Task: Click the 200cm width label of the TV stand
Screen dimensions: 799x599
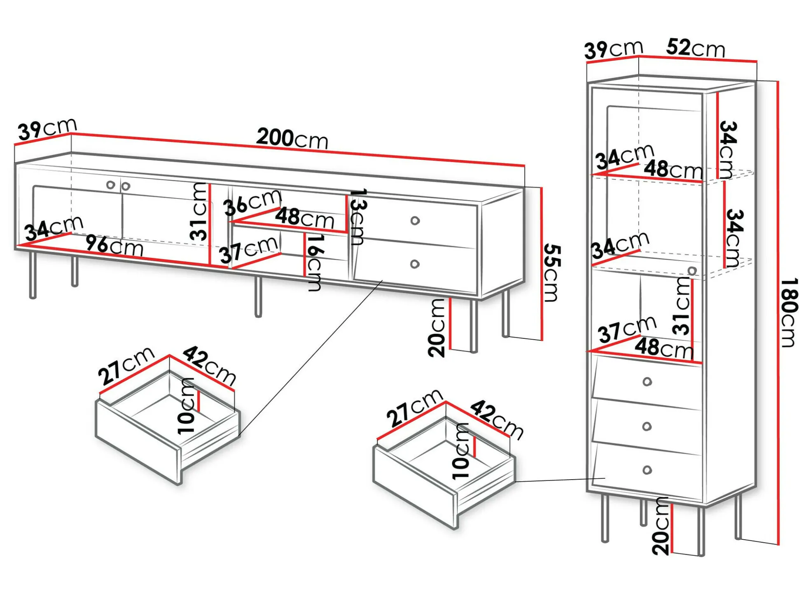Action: tap(292, 138)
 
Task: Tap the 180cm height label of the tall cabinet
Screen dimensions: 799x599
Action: tap(788, 312)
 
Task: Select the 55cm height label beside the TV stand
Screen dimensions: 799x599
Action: tap(551, 273)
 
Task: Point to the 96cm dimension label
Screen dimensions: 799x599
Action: tap(114, 246)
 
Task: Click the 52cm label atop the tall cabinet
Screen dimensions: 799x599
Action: tap(696, 48)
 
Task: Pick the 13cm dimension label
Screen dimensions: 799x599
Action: tap(357, 217)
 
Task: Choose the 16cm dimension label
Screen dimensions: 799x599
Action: tap(315, 263)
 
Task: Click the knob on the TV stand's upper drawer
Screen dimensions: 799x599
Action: tap(415, 221)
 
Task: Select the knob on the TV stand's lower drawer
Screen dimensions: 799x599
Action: tap(415, 264)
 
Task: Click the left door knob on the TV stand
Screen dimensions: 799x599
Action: tap(110, 185)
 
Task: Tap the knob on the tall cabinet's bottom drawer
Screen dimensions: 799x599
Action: tap(647, 470)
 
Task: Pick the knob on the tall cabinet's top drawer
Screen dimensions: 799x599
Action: tap(647, 382)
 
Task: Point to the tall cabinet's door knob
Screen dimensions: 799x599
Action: tap(692, 270)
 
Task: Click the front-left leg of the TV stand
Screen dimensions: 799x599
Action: tap(33, 275)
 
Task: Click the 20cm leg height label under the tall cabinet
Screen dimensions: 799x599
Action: tap(660, 526)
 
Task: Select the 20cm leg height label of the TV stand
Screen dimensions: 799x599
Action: tap(437, 328)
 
